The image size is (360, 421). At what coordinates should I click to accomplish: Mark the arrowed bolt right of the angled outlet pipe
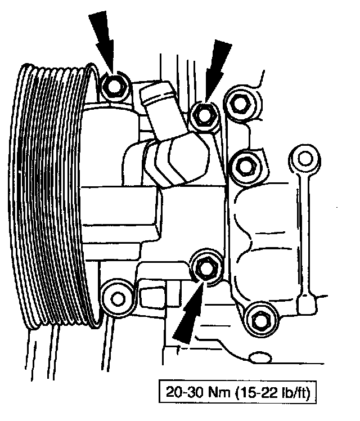(202, 115)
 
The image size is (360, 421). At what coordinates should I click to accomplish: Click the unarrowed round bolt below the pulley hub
(116, 293)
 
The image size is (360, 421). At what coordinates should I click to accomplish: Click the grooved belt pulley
(51, 197)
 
